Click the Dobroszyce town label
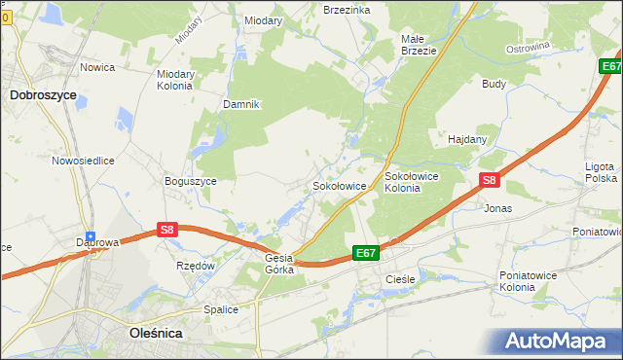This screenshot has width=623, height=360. (x=43, y=95)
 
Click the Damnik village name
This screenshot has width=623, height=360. (x=241, y=104)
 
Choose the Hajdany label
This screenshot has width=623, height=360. (x=466, y=139)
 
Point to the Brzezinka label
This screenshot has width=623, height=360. (x=347, y=9)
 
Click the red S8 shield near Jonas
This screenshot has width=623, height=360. (x=490, y=180)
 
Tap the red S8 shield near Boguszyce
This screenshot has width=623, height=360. (x=167, y=230)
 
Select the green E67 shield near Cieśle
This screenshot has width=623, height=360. (x=365, y=253)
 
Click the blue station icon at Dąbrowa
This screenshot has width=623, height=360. (x=91, y=235)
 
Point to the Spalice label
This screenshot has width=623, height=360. (x=221, y=309)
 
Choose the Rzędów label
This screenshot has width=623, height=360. (x=195, y=266)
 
